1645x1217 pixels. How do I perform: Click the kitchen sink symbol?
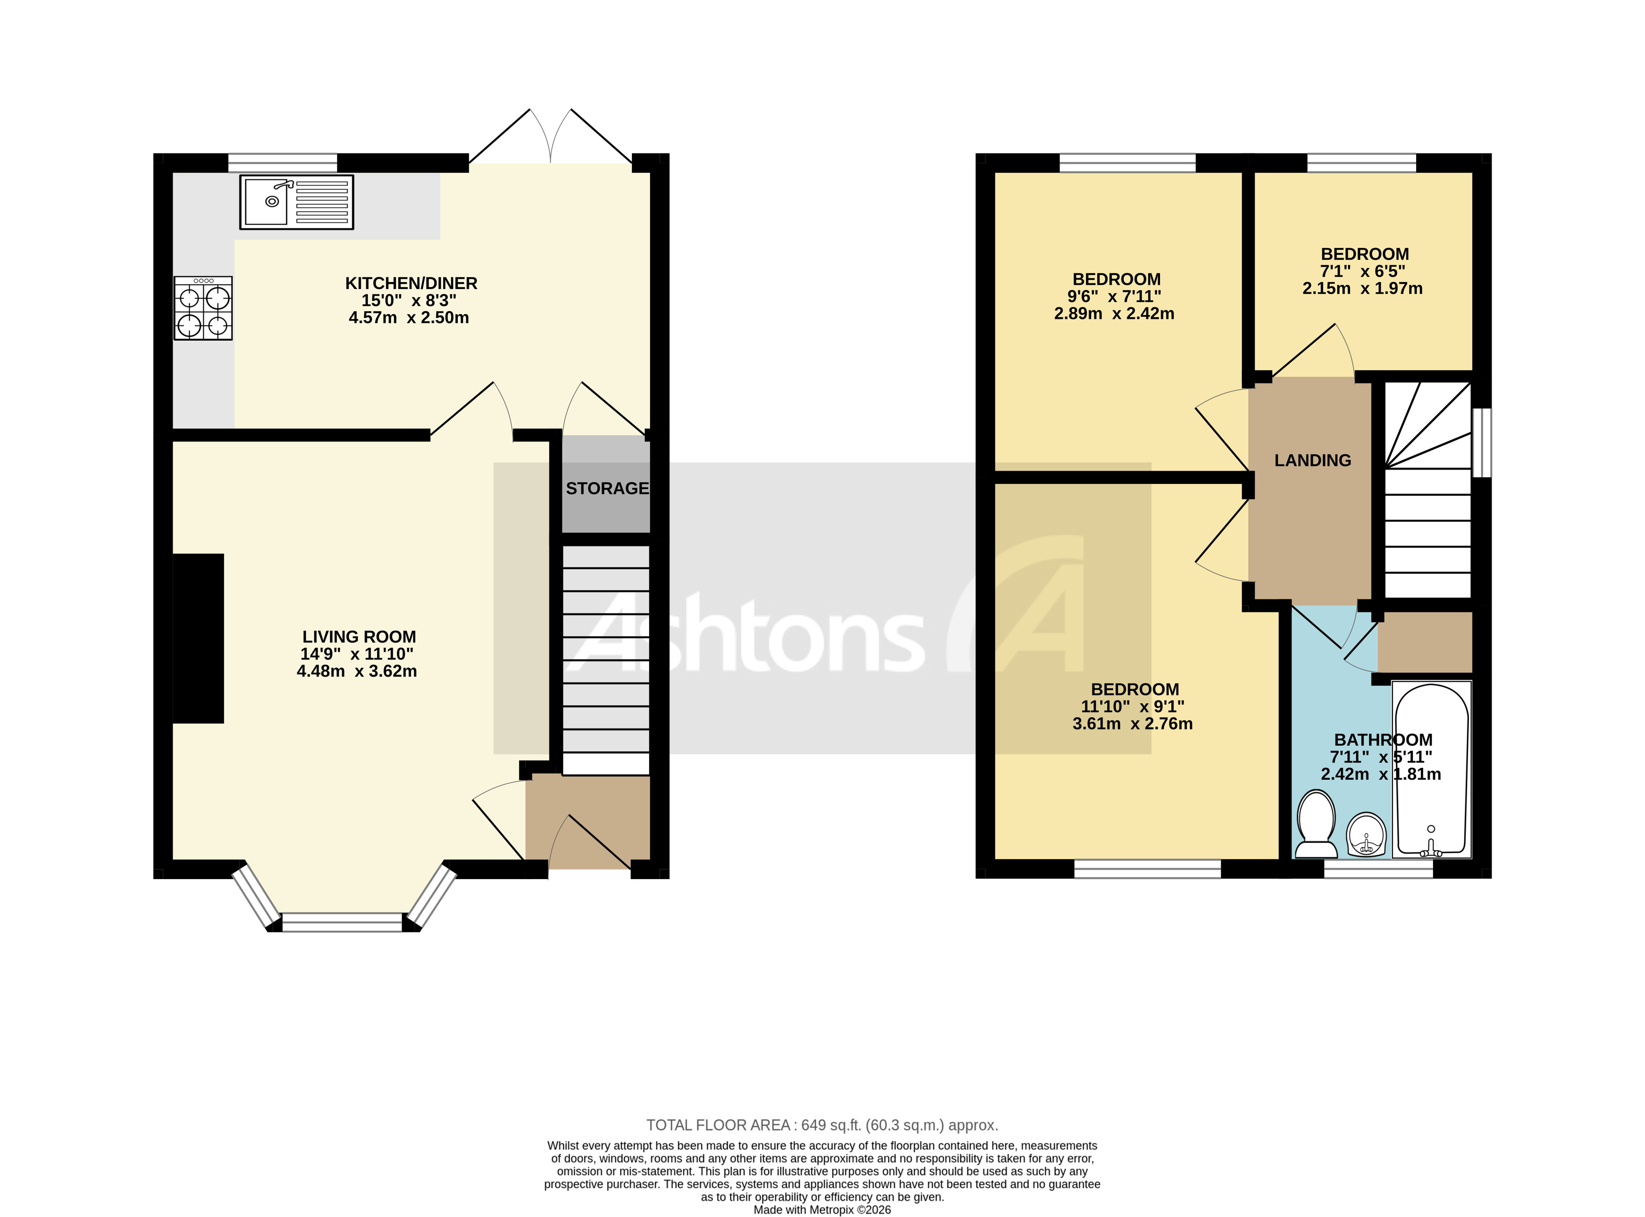(296, 201)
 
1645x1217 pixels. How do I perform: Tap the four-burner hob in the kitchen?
(203, 308)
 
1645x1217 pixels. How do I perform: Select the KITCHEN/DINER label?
(411, 283)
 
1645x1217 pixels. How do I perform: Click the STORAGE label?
(607, 489)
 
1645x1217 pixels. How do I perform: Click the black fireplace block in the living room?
(198, 638)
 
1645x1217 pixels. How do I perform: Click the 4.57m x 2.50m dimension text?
(409, 318)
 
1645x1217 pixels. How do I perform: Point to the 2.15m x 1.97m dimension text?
(1362, 289)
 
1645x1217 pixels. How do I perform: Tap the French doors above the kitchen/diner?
(551, 140)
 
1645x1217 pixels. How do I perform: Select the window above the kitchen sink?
(282, 162)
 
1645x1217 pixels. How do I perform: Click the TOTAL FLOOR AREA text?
(822, 1125)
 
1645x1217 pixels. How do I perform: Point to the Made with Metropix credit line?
(822, 1209)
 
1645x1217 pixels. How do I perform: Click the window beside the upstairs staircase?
(1481, 442)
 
